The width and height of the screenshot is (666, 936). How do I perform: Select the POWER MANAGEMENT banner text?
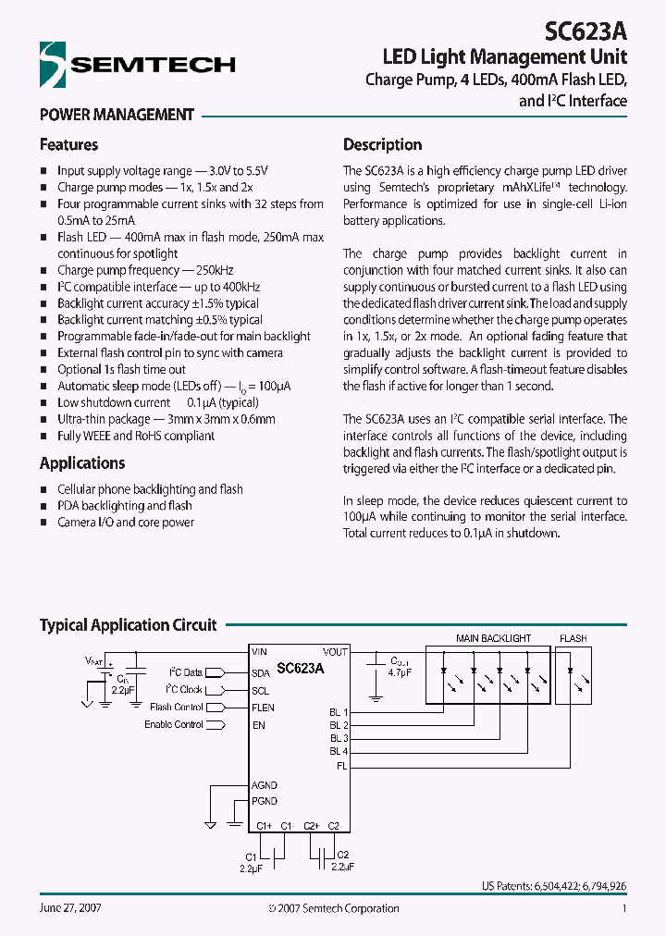(117, 115)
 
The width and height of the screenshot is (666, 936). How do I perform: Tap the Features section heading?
(68, 145)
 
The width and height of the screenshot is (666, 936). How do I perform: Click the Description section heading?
(382, 145)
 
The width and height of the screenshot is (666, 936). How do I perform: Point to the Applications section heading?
(82, 463)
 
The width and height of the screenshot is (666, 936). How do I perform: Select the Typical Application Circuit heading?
(128, 625)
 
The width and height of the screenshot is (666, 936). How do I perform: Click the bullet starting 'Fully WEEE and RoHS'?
(136, 436)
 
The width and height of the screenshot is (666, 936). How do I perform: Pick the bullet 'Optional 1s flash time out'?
(121, 369)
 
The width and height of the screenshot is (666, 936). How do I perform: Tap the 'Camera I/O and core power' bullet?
(126, 522)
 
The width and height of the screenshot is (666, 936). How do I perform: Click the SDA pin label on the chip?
(261, 674)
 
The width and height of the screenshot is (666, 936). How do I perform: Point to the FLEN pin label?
(264, 708)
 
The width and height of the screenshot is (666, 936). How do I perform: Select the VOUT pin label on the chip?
(335, 652)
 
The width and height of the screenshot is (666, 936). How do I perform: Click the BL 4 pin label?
(339, 752)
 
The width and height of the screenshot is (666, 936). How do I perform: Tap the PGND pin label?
(265, 801)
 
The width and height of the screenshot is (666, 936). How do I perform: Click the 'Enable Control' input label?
(173, 725)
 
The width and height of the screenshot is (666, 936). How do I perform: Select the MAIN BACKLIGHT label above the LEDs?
(493, 638)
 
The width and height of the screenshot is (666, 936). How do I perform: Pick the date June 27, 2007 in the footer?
(70, 908)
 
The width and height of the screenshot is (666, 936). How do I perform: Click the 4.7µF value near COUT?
(401, 672)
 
